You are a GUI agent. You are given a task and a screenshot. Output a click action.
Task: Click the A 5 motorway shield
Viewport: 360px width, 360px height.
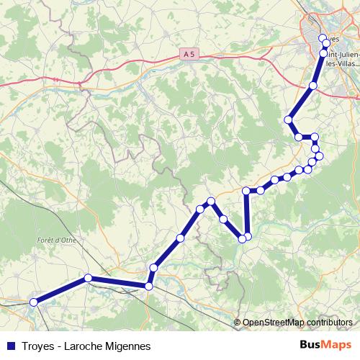point(189,54)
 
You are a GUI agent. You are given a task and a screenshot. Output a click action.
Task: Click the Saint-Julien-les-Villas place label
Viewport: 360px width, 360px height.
point(343,57)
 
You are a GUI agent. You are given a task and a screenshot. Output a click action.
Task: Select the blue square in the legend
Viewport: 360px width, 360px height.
point(10,346)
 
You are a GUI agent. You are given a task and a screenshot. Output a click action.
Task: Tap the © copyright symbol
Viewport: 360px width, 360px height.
point(238,322)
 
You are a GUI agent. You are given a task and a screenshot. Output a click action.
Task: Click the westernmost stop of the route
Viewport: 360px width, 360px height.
point(33,303)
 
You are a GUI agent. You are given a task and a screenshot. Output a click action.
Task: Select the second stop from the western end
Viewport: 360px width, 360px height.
point(88,278)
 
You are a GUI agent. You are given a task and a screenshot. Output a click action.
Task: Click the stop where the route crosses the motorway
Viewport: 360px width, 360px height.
point(312,86)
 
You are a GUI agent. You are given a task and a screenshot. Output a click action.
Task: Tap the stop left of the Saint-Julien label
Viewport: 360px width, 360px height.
point(323,53)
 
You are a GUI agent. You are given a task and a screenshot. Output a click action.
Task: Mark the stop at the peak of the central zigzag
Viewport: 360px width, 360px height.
point(211,201)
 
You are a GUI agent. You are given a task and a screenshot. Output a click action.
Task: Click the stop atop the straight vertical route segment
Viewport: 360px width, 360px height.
point(247,191)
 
